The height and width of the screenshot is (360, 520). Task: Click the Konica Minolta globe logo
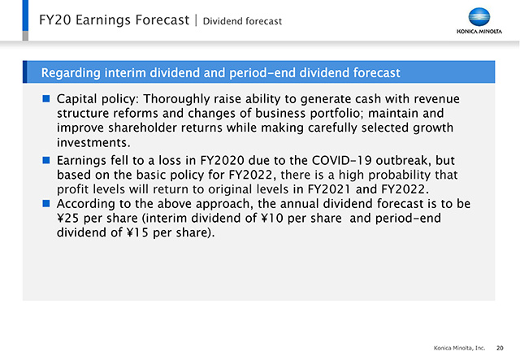click(479, 17)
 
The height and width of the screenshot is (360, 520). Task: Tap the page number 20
click(500, 348)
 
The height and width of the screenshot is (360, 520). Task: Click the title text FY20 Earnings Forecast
click(114, 20)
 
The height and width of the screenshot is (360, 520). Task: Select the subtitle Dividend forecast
click(242, 21)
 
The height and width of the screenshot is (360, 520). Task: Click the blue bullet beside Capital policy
click(46, 98)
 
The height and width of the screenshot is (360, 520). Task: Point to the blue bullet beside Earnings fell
click(46, 160)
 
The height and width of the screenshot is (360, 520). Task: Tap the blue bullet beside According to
click(46, 203)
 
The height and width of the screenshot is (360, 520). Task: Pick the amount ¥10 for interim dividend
click(268, 218)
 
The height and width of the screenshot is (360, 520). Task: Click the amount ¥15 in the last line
click(137, 232)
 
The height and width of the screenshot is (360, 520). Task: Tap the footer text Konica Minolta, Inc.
click(459, 348)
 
